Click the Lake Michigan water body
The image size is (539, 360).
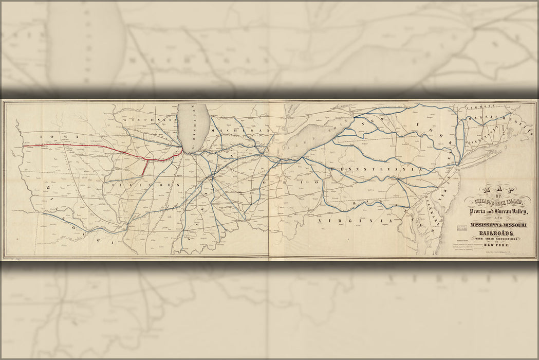tap(194, 126)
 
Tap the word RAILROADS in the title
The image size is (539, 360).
tap(496, 235)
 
